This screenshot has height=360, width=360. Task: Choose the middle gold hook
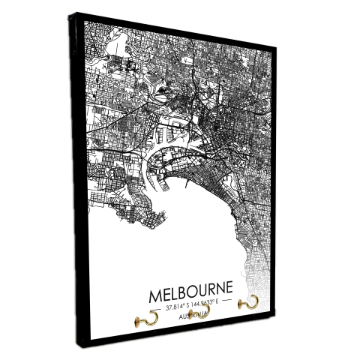[203, 310]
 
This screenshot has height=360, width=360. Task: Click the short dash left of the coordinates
[154, 307]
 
